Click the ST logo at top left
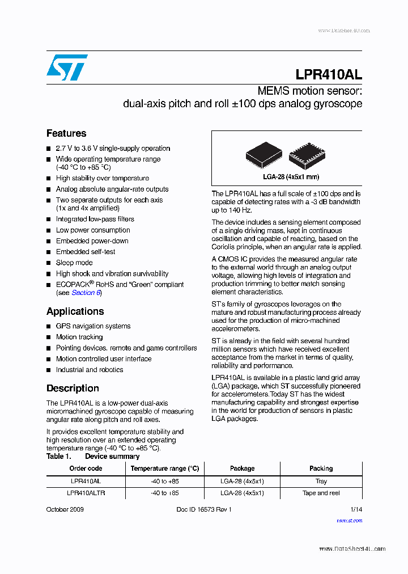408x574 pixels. coord(67,67)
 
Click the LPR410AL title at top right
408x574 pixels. coord(328,75)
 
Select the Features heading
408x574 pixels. coord(66,133)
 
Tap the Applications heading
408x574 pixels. coord(75,311)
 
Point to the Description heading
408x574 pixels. coord(73,389)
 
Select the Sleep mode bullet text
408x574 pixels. coord(74,263)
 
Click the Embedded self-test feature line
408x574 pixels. coord(86,252)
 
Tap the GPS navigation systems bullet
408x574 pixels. coord(93,326)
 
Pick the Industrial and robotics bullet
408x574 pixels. coord(89,370)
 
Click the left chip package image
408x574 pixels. coord(263,154)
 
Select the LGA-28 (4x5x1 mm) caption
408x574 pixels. coord(287,176)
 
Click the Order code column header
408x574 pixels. coord(86,469)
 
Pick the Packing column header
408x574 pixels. coord(321,469)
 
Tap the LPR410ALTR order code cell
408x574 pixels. coord(86,493)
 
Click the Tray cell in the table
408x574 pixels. coord(321,481)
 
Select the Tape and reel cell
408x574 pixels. coord(321,493)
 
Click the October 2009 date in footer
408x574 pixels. coord(65,509)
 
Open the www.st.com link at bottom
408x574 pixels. coord(349,520)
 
